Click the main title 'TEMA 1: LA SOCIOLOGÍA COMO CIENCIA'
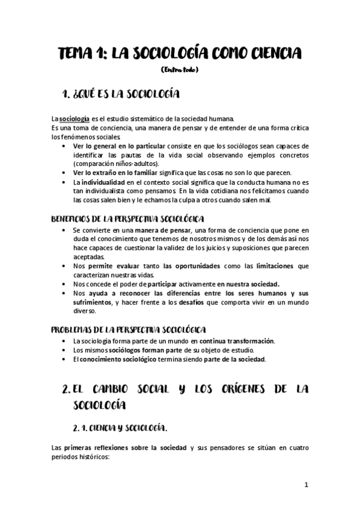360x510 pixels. pyautogui.click(x=180, y=54)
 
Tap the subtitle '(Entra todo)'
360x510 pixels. pyautogui.click(x=180, y=70)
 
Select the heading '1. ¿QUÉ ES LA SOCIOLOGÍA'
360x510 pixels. pyautogui.click(x=122, y=94)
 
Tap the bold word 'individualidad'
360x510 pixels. pyautogui.click(x=100, y=182)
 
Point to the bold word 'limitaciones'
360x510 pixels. pyautogui.click(x=274, y=265)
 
